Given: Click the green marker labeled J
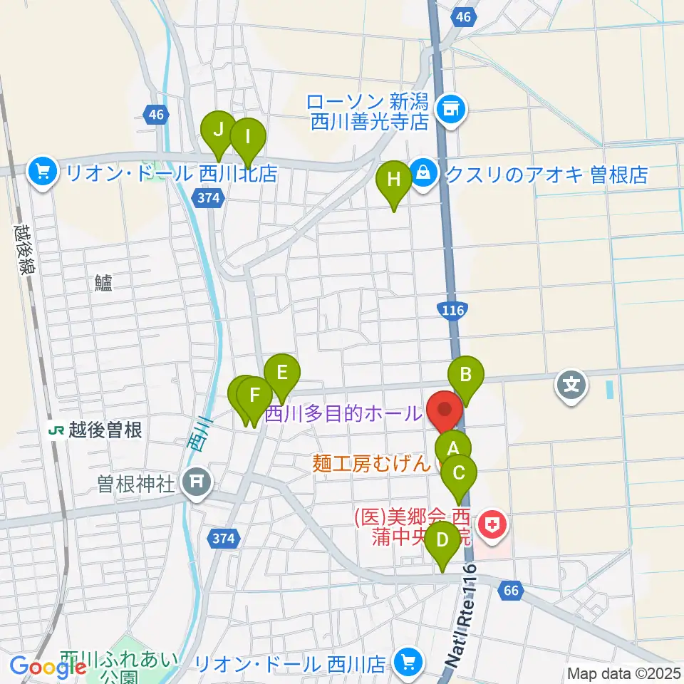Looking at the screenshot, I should tap(218, 131).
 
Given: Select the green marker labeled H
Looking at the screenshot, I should tap(393, 179).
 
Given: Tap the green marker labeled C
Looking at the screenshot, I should tap(459, 473).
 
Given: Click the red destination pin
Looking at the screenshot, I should tap(445, 411).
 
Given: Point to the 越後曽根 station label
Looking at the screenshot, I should tap(97, 430).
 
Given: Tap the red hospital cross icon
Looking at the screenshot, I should tap(491, 527).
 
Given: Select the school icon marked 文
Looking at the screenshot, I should tap(571, 385).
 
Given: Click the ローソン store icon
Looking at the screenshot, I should tap(450, 109).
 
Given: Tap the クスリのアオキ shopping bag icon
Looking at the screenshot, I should tap(424, 173).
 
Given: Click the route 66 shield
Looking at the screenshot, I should tap(511, 590).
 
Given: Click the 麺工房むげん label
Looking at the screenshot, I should tap(372, 464).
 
